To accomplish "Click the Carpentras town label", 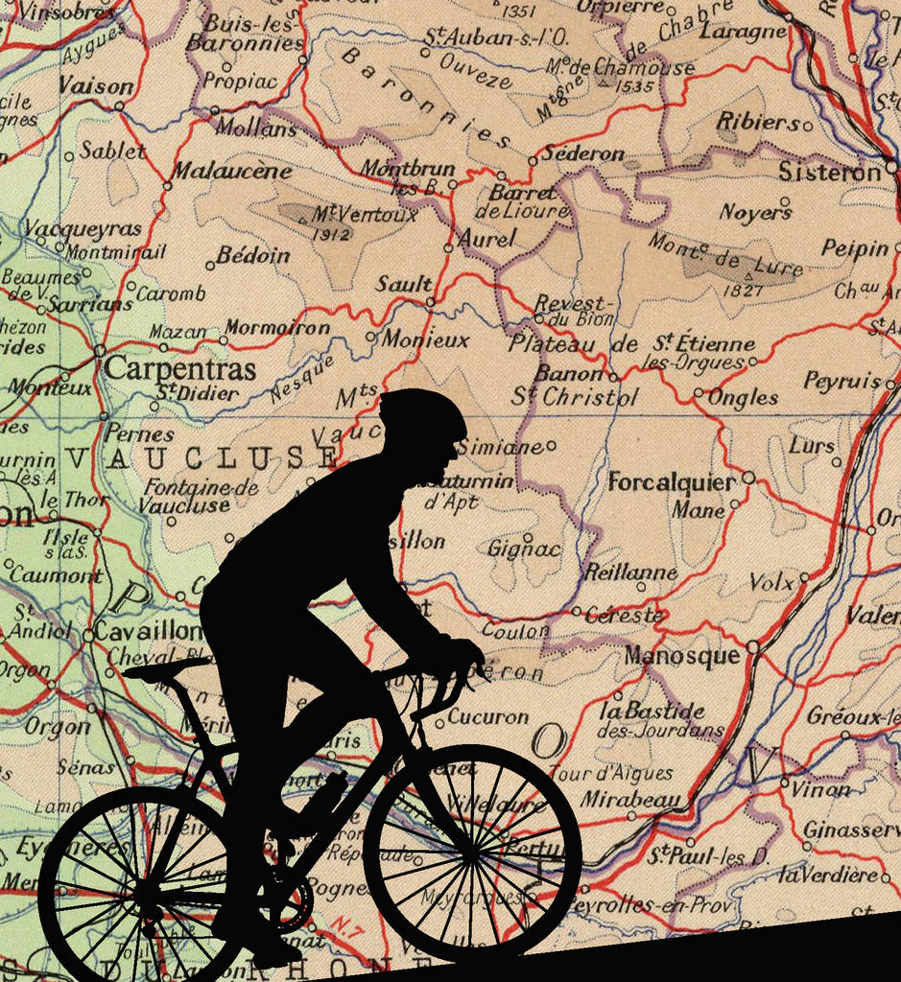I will pyautogui.click(x=180, y=369).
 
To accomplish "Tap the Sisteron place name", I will pyautogui.click(x=828, y=173).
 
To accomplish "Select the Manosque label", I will pyautogui.click(x=682, y=656).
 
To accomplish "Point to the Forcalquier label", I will pyautogui.click(x=672, y=482).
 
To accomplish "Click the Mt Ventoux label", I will pyautogui.click(x=365, y=214).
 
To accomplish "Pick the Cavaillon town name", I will pyautogui.click(x=148, y=633).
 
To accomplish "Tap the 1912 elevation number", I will pyautogui.click(x=331, y=234).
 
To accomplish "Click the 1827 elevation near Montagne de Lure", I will pyautogui.click(x=743, y=290).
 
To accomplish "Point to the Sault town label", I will pyautogui.click(x=403, y=284).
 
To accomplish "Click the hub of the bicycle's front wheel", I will pyautogui.click(x=472, y=852).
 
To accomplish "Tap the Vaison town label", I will pyautogui.click(x=95, y=86).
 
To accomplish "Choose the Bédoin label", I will pyautogui.click(x=253, y=255).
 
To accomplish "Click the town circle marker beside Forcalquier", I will pyautogui.click(x=748, y=477).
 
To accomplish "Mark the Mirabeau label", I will pyautogui.click(x=629, y=799).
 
